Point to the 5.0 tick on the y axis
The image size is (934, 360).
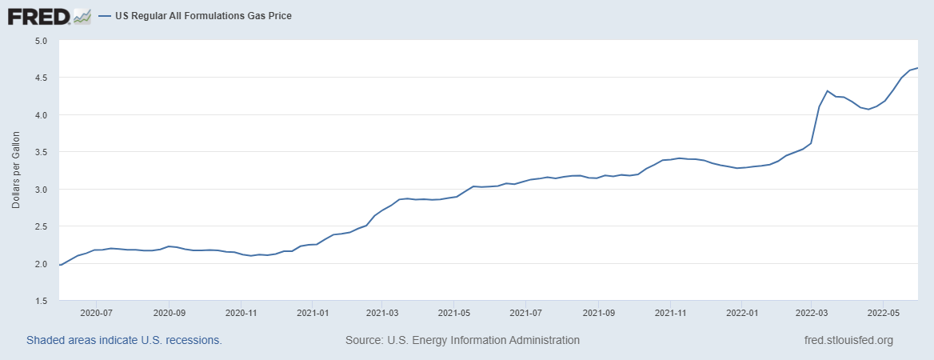coord(42,41)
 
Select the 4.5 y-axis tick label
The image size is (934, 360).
coord(42,78)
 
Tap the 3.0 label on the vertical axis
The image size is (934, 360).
coord(42,190)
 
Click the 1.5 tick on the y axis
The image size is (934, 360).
coord(42,301)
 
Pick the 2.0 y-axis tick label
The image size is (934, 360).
coord(42,264)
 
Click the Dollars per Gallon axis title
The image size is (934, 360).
coord(16,170)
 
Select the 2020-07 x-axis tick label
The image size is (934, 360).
coord(96,313)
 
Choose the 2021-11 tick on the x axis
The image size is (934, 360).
coord(671,313)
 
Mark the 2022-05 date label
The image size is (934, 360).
coord(884,313)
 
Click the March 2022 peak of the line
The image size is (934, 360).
coord(828,91)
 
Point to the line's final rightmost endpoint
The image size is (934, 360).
coord(917,68)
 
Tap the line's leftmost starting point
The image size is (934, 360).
coord(60,265)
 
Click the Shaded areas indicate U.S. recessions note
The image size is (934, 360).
coord(124,340)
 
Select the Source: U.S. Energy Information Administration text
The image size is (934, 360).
coord(462,340)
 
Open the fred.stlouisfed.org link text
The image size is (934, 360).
coord(848,340)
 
